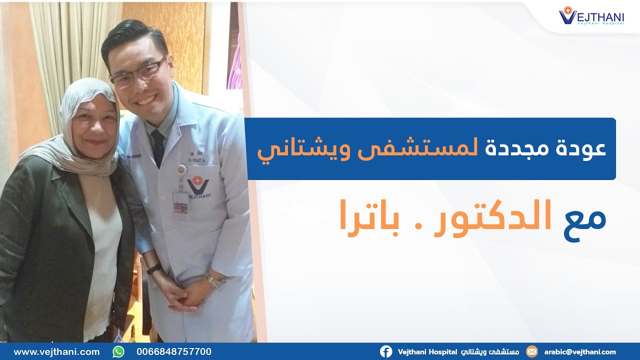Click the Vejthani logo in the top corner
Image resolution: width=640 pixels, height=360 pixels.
(x=591, y=15)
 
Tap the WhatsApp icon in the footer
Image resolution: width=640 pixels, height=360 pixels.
(x=118, y=351)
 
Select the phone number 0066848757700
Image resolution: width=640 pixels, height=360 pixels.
(x=173, y=351)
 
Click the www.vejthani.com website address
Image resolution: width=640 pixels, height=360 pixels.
(x=56, y=351)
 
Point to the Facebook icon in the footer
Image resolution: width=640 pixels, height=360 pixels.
(x=386, y=351)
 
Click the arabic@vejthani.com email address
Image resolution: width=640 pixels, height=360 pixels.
(x=580, y=351)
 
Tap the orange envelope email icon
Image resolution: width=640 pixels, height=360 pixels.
(x=532, y=351)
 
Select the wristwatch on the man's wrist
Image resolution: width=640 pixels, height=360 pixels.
(x=214, y=281)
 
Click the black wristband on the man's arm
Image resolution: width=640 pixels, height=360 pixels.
(x=154, y=269)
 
